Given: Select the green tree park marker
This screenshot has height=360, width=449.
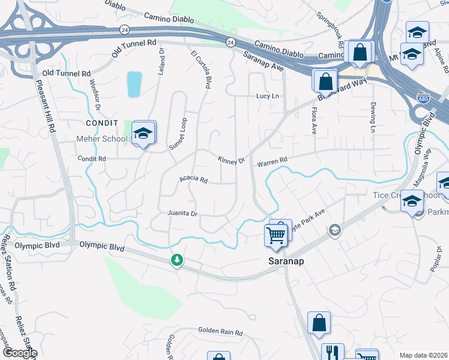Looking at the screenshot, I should click(176, 260).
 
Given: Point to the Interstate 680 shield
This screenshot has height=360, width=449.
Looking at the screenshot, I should click(424, 98).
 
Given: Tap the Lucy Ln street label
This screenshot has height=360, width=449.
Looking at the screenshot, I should click(268, 96).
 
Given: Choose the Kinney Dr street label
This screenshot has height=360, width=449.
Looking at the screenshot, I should click(232, 160).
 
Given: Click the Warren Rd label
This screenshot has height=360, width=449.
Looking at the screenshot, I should click(273, 162).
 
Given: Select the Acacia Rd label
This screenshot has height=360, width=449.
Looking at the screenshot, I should click(193, 179).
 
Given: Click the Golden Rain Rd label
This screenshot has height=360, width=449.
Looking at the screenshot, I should click(220, 332).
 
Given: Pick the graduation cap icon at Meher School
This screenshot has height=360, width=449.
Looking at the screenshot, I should click(143, 134).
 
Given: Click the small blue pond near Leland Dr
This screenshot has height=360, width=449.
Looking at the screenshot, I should click(134, 85).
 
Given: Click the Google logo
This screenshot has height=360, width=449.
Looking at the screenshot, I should click(19, 353).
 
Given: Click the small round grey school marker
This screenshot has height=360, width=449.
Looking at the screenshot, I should click(334, 230).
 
